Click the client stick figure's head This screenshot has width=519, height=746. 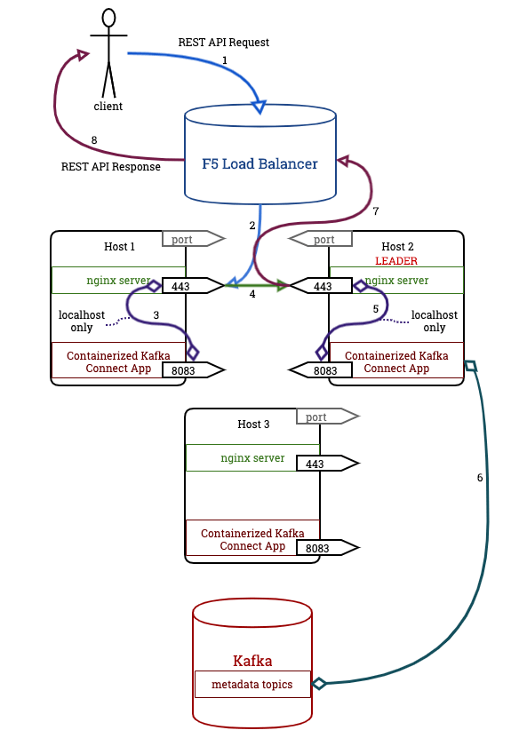click(x=108, y=18)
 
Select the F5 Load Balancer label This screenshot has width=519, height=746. click(x=260, y=163)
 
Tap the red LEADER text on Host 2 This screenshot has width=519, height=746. click(x=395, y=261)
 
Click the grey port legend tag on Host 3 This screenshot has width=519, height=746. click(x=325, y=417)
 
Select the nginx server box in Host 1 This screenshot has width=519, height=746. click(x=118, y=280)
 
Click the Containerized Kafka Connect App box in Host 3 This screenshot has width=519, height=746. click(x=252, y=539)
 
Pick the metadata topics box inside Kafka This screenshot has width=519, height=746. click(x=252, y=684)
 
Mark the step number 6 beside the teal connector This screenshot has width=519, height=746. click(x=480, y=478)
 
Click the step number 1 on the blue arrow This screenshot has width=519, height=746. click(x=225, y=60)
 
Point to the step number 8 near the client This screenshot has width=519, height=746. click(x=94, y=140)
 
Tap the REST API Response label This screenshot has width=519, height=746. click(x=111, y=166)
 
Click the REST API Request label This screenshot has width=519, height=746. click(x=224, y=42)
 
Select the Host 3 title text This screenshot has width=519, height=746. click(x=253, y=425)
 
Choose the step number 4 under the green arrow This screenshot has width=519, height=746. click(x=252, y=294)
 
